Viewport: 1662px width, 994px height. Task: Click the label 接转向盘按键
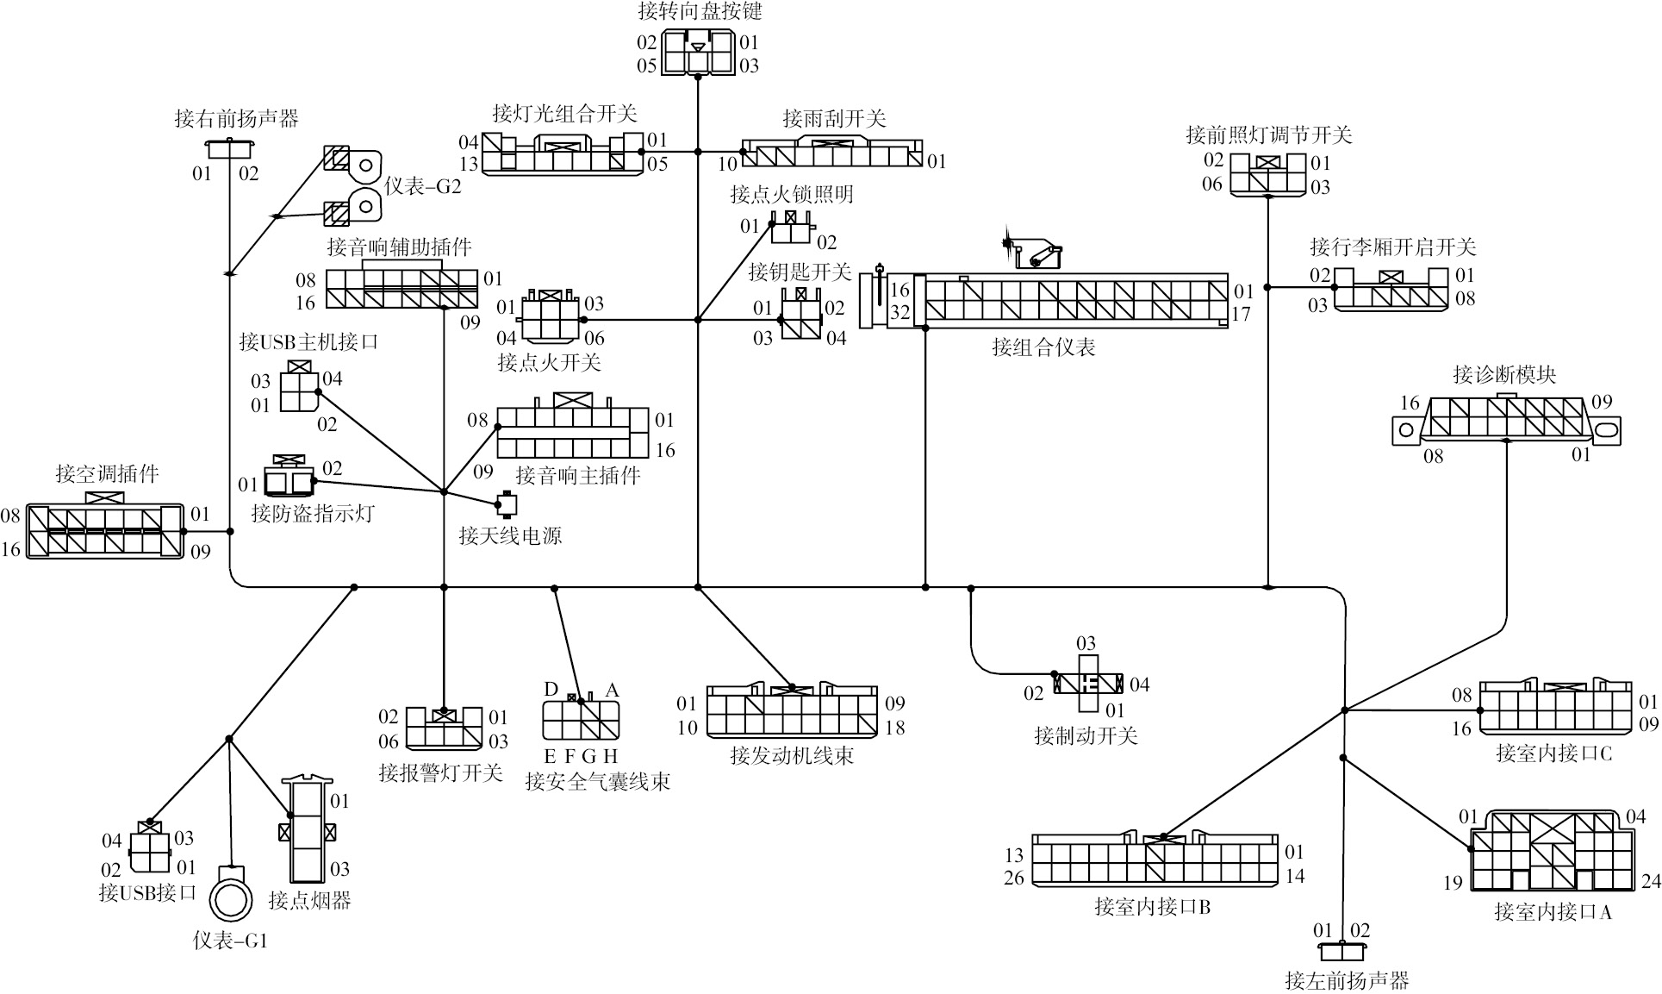coord(700,10)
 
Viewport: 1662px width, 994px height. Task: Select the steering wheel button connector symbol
coord(697,53)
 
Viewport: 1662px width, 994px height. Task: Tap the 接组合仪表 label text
coord(1043,347)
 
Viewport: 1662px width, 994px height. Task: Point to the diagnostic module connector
coord(1506,421)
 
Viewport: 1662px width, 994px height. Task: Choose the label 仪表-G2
coord(422,186)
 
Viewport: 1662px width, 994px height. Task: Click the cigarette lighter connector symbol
coord(308,833)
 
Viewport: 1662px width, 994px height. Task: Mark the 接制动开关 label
coord(1086,735)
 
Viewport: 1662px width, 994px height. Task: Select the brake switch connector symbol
coord(1089,684)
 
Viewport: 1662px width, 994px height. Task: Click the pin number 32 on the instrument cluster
coord(899,312)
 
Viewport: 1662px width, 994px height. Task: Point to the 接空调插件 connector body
coord(105,530)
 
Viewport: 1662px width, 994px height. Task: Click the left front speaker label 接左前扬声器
coord(1346,980)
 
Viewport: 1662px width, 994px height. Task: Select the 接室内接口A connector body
coord(1551,852)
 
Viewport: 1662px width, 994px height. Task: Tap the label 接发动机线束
coord(791,756)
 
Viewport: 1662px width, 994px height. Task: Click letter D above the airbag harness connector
coord(551,689)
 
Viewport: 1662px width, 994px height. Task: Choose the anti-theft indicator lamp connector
coord(289,479)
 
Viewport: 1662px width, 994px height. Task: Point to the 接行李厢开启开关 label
coord(1392,247)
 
